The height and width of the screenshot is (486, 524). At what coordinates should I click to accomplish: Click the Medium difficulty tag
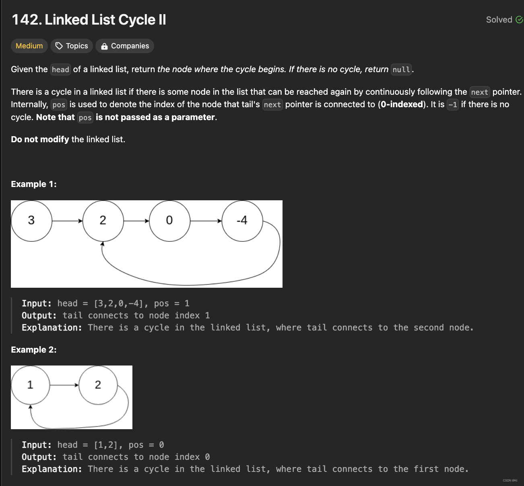tap(29, 46)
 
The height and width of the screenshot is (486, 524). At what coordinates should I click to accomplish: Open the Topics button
tap(72, 46)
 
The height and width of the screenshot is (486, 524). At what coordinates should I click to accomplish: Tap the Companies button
tap(124, 46)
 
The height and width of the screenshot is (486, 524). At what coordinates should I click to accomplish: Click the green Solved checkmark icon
tap(519, 20)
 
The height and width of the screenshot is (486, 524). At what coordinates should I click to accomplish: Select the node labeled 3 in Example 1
tap(31, 221)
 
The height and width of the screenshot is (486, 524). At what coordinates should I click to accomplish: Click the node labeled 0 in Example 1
tap(169, 221)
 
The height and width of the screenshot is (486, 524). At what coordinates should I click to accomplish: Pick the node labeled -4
tap(242, 221)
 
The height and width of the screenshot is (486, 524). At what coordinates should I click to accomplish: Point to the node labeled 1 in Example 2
tap(30, 385)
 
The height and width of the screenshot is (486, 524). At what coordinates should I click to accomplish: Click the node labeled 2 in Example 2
tap(98, 385)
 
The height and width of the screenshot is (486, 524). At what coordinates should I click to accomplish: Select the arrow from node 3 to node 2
tap(67, 221)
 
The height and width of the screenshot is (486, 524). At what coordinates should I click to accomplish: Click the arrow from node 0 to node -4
tap(206, 221)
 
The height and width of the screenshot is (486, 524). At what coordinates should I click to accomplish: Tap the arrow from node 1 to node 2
tap(64, 385)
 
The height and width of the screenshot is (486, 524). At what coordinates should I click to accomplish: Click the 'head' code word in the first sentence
tap(60, 69)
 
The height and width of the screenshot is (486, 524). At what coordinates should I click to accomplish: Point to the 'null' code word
tap(401, 69)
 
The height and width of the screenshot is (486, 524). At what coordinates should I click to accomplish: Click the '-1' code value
tap(452, 105)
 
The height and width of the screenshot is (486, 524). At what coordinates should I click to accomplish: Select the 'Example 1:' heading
tap(34, 184)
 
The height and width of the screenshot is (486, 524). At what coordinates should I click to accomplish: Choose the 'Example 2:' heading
tap(34, 350)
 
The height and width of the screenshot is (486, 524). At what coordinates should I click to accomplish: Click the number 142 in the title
tap(27, 20)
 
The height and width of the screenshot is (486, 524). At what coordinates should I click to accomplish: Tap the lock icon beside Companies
tap(105, 46)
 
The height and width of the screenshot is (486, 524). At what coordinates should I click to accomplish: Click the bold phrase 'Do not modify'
tap(40, 139)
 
